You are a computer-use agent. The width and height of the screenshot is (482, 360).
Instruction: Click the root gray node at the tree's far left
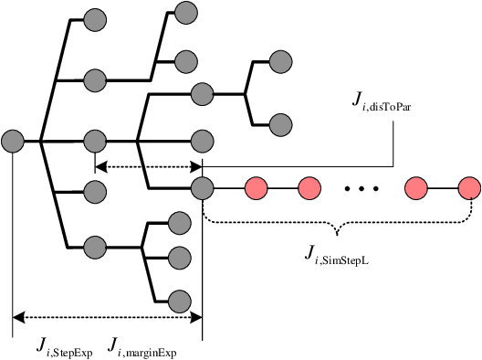[x=12, y=142]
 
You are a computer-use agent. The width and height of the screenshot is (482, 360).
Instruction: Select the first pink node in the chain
[x=255, y=189]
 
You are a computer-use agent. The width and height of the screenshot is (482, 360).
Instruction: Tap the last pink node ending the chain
[x=469, y=189]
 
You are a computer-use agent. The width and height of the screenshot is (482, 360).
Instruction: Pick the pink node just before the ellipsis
[x=309, y=189]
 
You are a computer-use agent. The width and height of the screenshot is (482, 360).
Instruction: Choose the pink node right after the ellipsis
[x=416, y=189]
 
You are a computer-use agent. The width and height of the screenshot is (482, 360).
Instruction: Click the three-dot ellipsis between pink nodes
[x=361, y=190]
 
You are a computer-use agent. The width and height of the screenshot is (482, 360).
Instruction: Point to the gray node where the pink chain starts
[x=202, y=189]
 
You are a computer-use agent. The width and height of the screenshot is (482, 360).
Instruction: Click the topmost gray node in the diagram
[x=186, y=12]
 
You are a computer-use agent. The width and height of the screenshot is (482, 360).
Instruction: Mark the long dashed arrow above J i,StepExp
[x=106, y=318]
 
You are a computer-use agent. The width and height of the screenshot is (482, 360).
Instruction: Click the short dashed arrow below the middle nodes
[x=148, y=165]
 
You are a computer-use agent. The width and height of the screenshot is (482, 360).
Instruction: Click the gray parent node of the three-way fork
[x=95, y=247]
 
